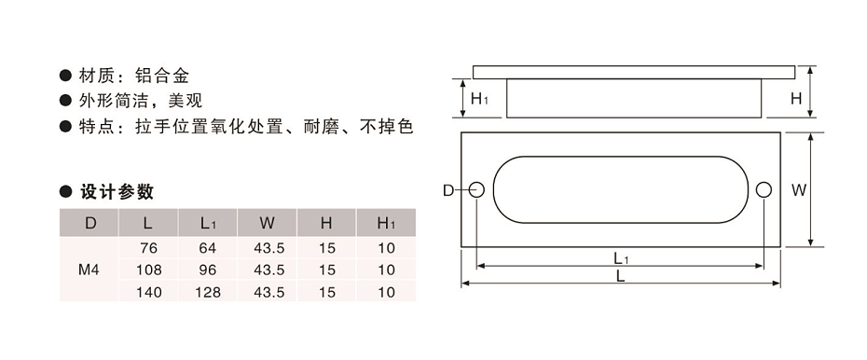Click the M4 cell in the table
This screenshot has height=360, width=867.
89,270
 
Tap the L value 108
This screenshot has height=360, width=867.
148,270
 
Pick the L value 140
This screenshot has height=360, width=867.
148,292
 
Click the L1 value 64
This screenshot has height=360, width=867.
207,248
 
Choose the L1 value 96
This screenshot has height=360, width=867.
207,270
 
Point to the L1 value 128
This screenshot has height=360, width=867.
207,292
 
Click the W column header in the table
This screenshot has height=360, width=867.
267,223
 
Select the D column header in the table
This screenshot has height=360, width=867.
89,223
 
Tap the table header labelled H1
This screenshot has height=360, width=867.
386,223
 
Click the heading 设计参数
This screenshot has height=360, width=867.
117,193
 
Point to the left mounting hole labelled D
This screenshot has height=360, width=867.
477,190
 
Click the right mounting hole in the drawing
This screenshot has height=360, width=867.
764,190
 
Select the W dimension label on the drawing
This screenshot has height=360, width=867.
798,190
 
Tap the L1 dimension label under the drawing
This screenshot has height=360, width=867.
620,258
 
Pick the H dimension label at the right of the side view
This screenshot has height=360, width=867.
796,98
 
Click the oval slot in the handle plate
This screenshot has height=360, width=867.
620,189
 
